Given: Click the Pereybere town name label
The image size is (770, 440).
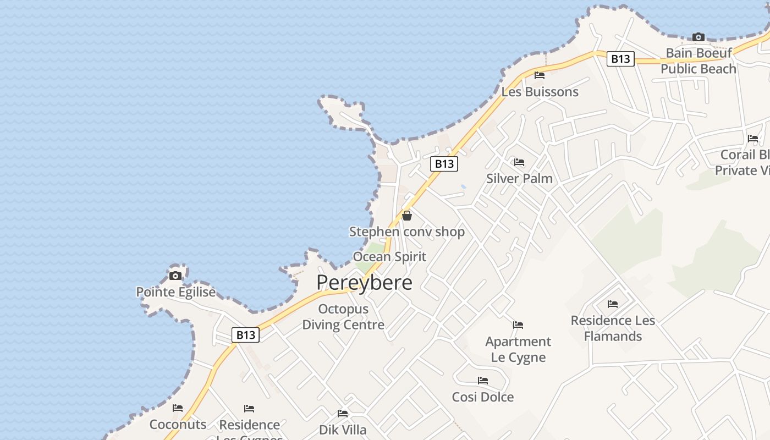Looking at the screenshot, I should (x=364, y=282).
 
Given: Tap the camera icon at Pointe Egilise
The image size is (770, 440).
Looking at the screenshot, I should (x=175, y=276).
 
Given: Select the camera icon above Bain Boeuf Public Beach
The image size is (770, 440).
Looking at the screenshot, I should (x=698, y=37).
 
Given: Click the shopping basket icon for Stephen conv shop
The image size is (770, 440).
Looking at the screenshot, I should (x=407, y=216).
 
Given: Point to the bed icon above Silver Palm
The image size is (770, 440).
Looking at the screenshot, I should (x=519, y=162).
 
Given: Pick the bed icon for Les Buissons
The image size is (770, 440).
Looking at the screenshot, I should (x=540, y=75).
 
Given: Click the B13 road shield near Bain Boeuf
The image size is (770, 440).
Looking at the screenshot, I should (x=620, y=59).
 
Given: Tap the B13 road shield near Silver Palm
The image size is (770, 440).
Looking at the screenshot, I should (x=444, y=163).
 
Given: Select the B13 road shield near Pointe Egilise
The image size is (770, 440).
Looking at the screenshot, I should (x=245, y=335).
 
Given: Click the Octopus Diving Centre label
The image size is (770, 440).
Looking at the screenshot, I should (x=343, y=317).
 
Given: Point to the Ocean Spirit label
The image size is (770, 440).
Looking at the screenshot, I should (x=389, y=256).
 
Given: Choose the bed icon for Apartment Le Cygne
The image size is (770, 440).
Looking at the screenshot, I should (x=518, y=325).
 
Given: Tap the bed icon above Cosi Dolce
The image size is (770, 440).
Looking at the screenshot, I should (x=483, y=381).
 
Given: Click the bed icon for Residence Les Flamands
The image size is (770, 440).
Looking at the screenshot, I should (x=613, y=304).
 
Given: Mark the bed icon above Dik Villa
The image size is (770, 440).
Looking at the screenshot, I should (x=343, y=414).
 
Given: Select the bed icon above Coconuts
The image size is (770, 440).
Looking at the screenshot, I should (x=178, y=408).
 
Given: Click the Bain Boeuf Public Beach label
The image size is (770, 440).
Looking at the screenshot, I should (x=698, y=61).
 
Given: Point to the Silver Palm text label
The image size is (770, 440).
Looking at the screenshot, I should (x=519, y=178).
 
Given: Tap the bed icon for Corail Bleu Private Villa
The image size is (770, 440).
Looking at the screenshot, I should (x=753, y=139).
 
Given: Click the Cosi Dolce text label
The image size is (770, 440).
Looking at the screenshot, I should (x=483, y=397).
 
